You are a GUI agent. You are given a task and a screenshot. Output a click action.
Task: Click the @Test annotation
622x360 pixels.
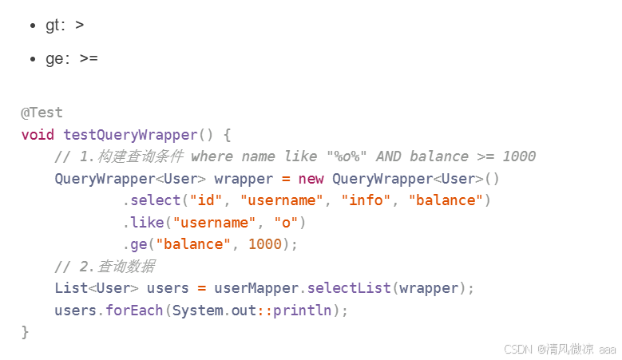[x=42, y=113]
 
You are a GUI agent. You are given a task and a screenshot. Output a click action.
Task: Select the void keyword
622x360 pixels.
[x=38, y=135]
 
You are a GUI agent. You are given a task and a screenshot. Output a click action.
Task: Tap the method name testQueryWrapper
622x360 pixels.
[x=130, y=135]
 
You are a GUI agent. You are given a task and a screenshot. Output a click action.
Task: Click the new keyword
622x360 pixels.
[x=311, y=179]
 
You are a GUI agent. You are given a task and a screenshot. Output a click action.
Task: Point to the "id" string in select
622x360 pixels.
[x=205, y=200]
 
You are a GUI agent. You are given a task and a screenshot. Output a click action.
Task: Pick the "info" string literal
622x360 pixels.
[x=366, y=200]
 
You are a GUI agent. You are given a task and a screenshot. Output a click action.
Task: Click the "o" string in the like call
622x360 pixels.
[x=286, y=223]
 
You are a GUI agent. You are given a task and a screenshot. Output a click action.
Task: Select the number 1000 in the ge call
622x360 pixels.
[x=265, y=244]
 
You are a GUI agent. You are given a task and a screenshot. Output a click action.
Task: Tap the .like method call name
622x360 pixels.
[x=143, y=223]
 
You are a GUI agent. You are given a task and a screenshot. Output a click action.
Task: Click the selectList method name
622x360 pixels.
[x=349, y=288]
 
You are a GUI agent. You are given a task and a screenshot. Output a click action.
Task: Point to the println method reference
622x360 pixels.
[x=303, y=311]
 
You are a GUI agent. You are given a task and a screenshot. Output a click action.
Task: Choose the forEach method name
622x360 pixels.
[x=134, y=311]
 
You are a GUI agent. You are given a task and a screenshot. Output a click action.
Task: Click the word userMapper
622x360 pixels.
[x=256, y=289]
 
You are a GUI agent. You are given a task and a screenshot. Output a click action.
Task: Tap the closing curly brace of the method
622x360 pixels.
[x=25, y=332]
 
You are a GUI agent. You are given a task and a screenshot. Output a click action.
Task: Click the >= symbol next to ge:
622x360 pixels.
[x=89, y=59]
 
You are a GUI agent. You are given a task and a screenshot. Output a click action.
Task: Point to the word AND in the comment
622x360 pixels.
[x=389, y=156]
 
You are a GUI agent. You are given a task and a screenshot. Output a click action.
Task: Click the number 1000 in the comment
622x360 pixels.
[x=519, y=156]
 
